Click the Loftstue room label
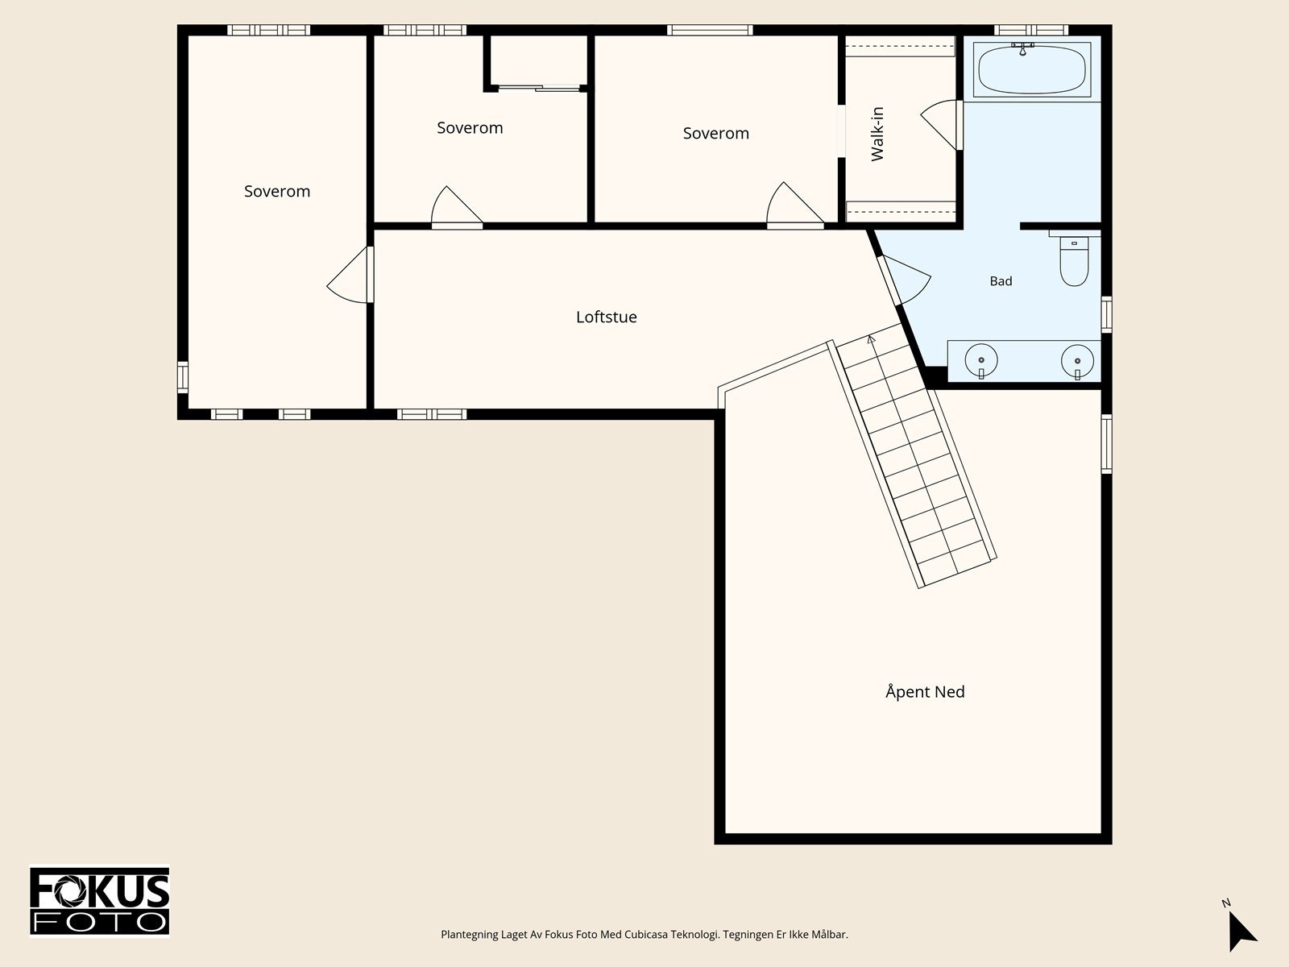click(606, 317)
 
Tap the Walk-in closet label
click(877, 134)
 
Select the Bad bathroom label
click(1001, 281)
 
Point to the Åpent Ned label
click(925, 691)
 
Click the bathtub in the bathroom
click(1032, 70)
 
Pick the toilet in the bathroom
click(1074, 260)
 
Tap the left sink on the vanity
click(980, 360)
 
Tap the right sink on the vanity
click(1077, 361)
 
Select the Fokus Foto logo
click(100, 901)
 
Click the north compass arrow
click(1240, 930)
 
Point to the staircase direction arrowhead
click(871, 338)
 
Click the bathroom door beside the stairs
click(905, 280)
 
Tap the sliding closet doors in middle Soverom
click(538, 89)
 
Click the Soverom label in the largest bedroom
click(277, 192)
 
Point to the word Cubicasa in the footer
click(647, 934)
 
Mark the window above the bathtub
click(1031, 30)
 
